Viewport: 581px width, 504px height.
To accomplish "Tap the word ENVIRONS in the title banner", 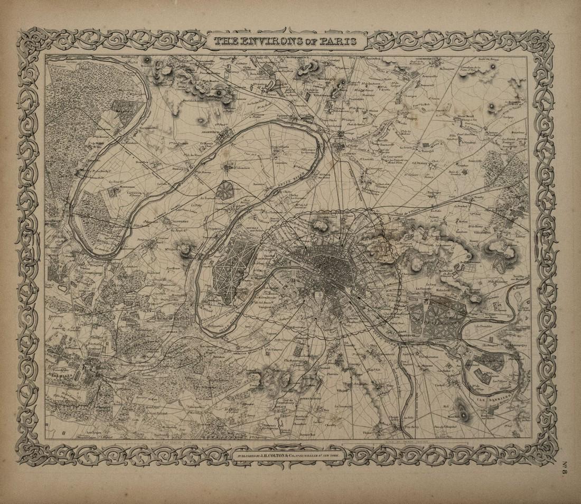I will coord(273,41).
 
